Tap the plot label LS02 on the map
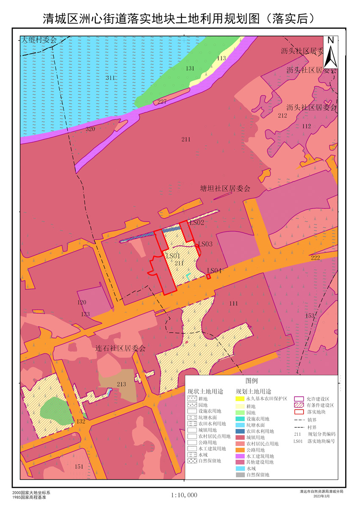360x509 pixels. (197, 222)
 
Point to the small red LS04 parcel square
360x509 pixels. (209, 277)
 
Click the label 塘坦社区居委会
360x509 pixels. (225, 188)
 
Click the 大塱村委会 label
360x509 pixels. (39, 40)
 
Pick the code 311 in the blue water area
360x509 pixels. (110, 78)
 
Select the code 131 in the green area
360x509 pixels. (190, 68)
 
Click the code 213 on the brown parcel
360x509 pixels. (121, 385)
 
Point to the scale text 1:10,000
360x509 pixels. (184, 495)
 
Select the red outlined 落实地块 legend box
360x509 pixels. (299, 412)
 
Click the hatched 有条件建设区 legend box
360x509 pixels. (299, 405)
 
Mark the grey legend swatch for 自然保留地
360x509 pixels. (240, 475)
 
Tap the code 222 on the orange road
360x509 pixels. (315, 258)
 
